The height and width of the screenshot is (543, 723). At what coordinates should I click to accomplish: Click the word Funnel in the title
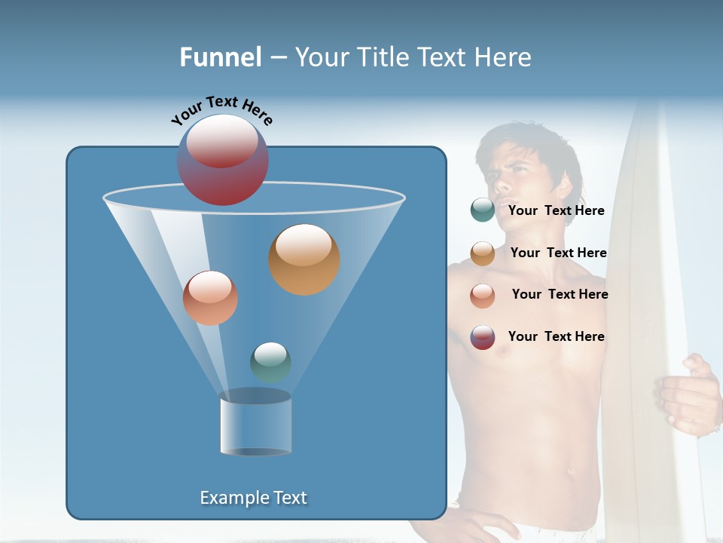(221, 57)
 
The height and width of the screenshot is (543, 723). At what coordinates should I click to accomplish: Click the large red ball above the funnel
(223, 159)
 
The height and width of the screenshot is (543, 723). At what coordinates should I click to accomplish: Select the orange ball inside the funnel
(304, 259)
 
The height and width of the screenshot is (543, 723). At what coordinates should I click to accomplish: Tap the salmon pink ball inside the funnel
(210, 298)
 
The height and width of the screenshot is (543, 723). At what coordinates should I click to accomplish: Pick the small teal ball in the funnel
(270, 362)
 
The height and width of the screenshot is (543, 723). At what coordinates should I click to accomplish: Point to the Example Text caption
(254, 498)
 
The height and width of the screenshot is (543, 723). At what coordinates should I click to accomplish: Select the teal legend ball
(482, 210)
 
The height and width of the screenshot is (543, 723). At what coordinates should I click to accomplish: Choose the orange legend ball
(482, 253)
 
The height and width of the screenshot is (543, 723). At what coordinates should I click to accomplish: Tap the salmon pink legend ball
(482, 295)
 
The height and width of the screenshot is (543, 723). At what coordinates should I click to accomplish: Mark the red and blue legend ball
(482, 336)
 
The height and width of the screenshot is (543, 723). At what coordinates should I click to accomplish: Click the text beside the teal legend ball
(556, 211)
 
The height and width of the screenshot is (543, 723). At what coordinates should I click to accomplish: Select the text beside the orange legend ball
(558, 253)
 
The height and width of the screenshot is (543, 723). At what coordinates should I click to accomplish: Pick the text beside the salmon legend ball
(560, 294)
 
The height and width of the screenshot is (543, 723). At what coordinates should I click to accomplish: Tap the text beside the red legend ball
(556, 336)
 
